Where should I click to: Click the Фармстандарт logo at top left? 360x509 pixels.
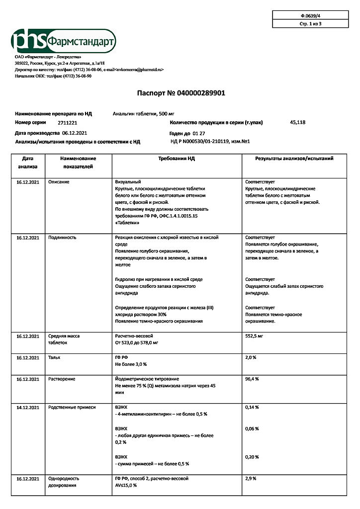click(64, 41)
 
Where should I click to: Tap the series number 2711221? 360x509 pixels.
click(67, 122)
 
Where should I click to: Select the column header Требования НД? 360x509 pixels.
click(177, 159)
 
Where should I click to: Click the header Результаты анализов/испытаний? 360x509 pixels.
click(294, 159)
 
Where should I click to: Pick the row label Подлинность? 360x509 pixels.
click(62, 238)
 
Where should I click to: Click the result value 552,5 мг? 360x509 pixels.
click(254, 336)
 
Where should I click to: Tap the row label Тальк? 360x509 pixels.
click(54, 357)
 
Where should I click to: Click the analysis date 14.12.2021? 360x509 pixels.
click(27, 407)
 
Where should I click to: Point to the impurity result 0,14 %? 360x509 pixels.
click(252, 407)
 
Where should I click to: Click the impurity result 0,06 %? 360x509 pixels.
click(252, 428)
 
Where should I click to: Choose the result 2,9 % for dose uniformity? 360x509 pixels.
click(251, 478)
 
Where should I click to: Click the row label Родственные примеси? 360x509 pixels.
click(72, 407)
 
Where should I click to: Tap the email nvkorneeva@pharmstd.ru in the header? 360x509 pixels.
click(140, 70)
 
